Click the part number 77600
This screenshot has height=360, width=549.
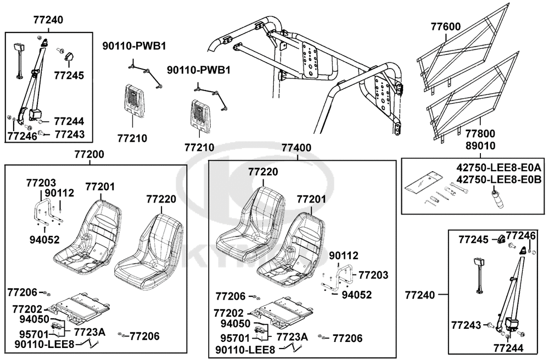point(445,26)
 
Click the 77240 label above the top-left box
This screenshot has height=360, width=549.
point(48,20)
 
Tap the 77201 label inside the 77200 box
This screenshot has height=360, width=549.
point(100,187)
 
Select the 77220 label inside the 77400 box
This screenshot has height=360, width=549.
point(263,172)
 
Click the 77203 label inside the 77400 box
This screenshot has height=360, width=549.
point(373,274)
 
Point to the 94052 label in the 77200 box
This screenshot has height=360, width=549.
point(44,239)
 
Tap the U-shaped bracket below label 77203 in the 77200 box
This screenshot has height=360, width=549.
point(47,211)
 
